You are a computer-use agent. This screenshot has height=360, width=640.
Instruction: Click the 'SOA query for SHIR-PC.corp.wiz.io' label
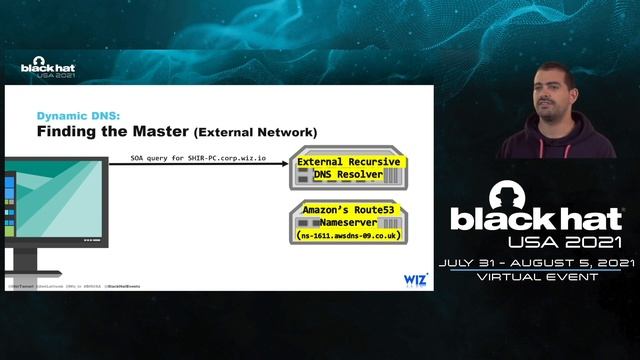(x=198, y=158)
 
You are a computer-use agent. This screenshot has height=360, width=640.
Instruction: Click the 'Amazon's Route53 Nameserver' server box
(x=343, y=221)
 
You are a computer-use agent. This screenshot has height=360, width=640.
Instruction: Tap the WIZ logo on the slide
(x=415, y=279)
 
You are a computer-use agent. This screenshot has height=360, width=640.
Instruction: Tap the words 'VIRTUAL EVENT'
(x=538, y=277)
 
